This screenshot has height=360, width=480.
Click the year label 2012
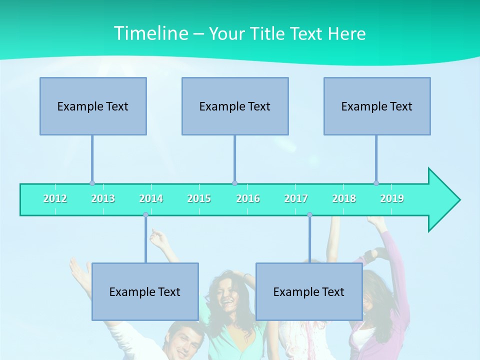(x=55, y=199)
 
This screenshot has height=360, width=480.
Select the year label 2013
(x=103, y=199)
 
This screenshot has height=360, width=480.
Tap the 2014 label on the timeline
(x=151, y=199)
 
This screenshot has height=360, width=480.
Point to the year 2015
(x=199, y=199)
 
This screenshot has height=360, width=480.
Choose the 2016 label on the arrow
(x=248, y=199)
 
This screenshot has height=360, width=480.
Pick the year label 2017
(x=296, y=199)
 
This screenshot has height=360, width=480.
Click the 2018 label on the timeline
(x=344, y=199)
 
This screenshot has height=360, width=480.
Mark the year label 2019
(x=392, y=199)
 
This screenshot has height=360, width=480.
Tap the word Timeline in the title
(x=150, y=33)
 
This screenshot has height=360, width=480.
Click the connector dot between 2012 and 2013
(x=92, y=183)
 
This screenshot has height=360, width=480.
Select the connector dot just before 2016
(x=234, y=183)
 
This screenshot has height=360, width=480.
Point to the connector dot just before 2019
(x=376, y=183)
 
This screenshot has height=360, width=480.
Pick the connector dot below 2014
(x=145, y=215)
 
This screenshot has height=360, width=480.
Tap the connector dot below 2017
(x=309, y=215)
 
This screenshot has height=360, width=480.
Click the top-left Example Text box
(x=93, y=106)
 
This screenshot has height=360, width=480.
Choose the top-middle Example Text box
(x=235, y=106)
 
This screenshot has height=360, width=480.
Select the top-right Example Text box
(x=377, y=106)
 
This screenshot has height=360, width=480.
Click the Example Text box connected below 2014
(x=145, y=291)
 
